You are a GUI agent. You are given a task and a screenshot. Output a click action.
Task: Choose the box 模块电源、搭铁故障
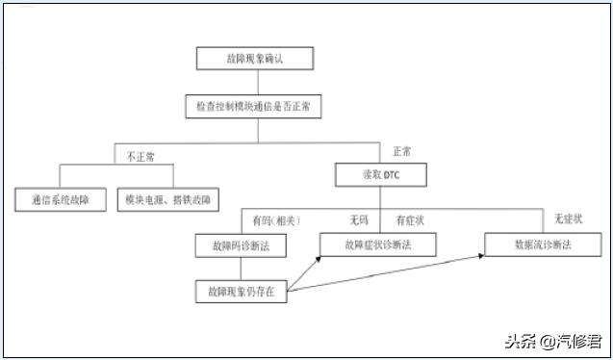[168, 200]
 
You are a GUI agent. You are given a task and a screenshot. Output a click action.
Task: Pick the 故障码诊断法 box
[241, 245]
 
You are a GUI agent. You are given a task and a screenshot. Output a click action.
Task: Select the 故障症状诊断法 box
[377, 244]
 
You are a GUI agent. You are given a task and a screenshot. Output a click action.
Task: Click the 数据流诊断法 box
[542, 244]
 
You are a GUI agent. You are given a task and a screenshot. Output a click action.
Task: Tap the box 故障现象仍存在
[241, 291]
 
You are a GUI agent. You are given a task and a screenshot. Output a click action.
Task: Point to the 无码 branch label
[358, 220]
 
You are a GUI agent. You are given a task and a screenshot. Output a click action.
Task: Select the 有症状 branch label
[409, 220]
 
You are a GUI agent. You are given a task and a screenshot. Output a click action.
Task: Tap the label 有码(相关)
[270, 220]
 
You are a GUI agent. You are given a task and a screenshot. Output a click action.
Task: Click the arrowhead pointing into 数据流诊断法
[480, 256]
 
